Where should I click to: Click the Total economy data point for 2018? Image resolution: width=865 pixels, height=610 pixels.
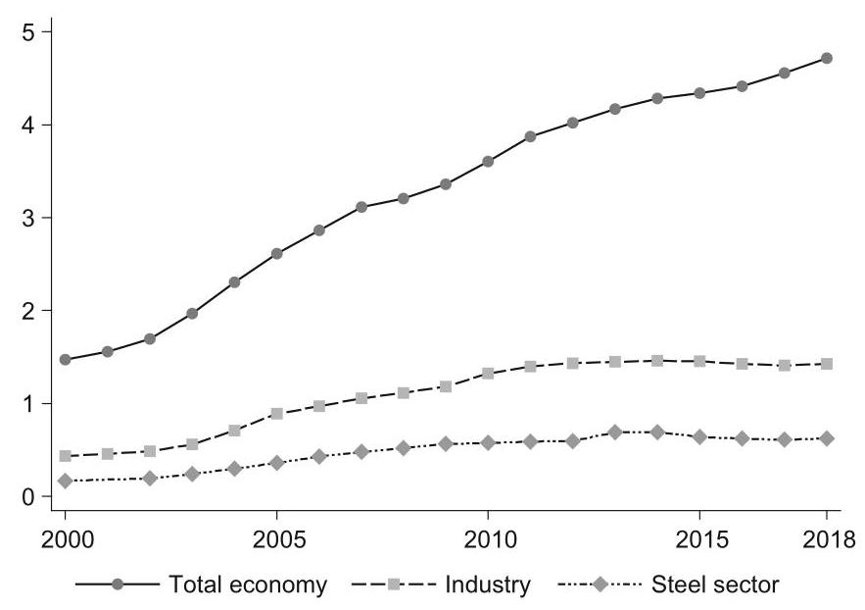[x=826, y=58]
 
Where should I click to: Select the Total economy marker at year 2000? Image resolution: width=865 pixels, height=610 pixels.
[x=65, y=359]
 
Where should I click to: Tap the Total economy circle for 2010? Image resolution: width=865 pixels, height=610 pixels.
[x=488, y=161]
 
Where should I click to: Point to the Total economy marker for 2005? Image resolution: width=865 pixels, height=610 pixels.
[x=276, y=253]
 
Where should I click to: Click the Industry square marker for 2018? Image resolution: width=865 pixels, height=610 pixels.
[x=826, y=364]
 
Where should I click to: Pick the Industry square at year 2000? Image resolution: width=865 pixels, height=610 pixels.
[x=65, y=456]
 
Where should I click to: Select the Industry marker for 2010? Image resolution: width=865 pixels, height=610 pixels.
[x=488, y=374]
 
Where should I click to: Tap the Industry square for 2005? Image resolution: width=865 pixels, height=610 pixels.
[x=276, y=414]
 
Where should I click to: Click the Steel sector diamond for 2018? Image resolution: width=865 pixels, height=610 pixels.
[x=826, y=439]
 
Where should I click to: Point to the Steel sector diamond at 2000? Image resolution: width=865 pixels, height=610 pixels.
[x=65, y=481]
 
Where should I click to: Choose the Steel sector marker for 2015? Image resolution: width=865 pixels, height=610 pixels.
[x=699, y=437]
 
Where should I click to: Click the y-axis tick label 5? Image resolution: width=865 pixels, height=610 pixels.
[x=28, y=32]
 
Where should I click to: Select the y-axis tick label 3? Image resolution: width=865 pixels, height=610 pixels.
[x=28, y=218]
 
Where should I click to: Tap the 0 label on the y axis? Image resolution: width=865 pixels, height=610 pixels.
[x=28, y=496]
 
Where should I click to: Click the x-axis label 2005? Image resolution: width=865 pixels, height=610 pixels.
[x=278, y=540]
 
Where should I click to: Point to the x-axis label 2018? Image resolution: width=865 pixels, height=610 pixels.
[x=829, y=540]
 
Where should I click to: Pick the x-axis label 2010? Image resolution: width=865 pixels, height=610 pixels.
[x=490, y=540]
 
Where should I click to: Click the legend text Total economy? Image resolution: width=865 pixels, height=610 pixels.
[x=248, y=585]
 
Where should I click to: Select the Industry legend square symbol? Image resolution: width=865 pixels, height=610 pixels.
[x=394, y=585]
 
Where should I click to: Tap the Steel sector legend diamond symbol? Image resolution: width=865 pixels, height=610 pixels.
[x=600, y=585]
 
